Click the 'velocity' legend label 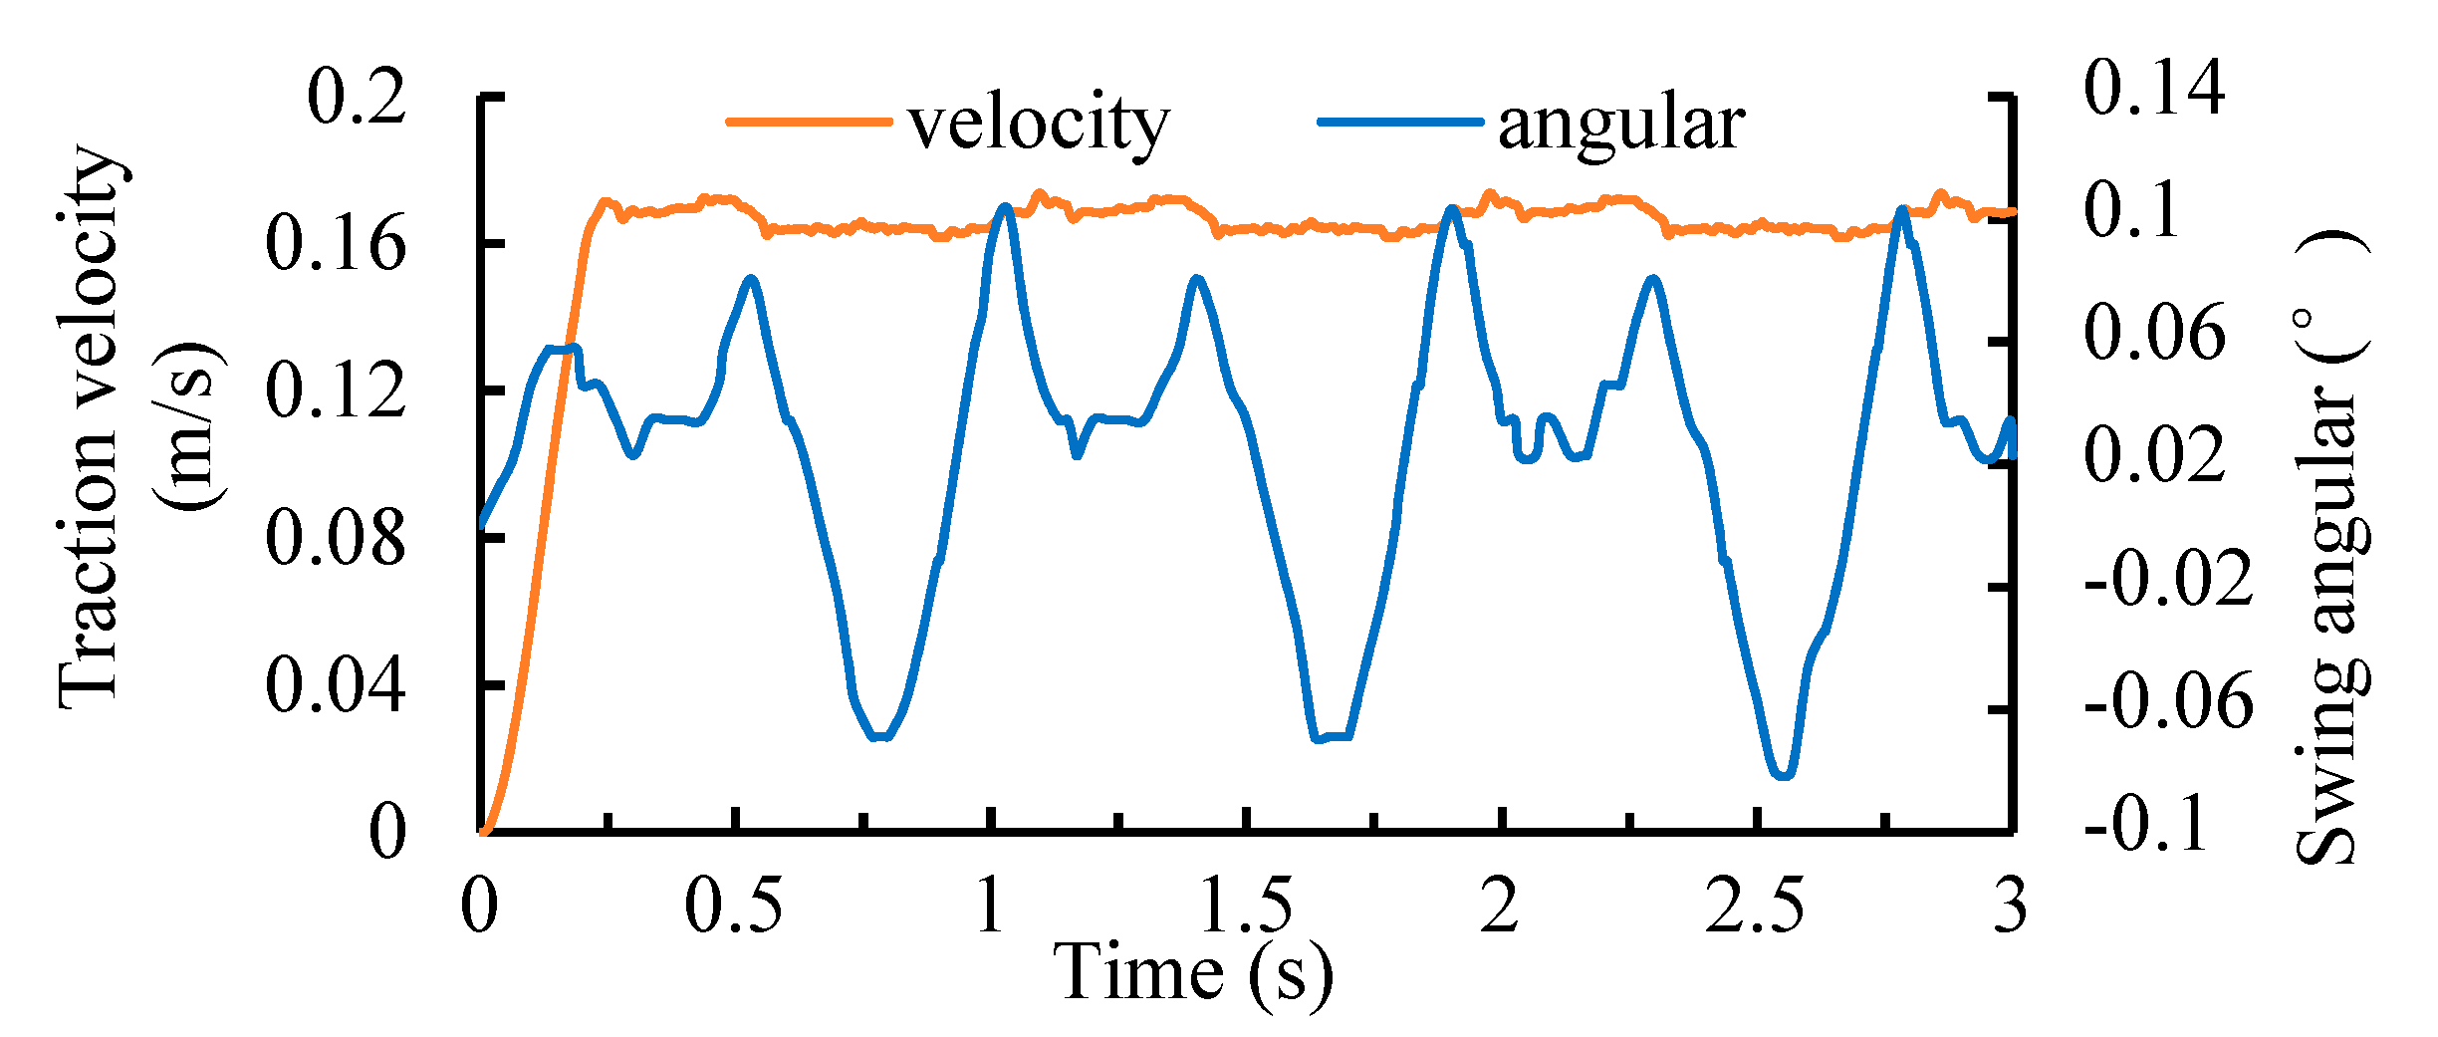[x=1038, y=125]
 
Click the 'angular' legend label [x=1620, y=125]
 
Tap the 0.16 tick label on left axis [x=336, y=244]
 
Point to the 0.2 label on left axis [x=356, y=97]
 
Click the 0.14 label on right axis [x=2153, y=88]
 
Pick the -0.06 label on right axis [x=2167, y=701]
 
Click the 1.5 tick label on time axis [x=1245, y=906]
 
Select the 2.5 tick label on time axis [x=1754, y=906]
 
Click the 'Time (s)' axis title [x=1192, y=972]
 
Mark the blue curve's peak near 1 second [x=1005, y=207]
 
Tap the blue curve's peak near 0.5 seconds [x=751, y=279]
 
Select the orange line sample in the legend [x=808, y=123]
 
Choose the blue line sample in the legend [x=1399, y=123]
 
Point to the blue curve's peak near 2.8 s [x=1903, y=209]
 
